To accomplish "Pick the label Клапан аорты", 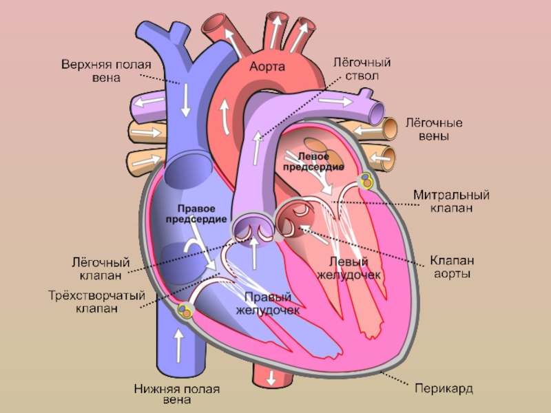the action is pos(451,267).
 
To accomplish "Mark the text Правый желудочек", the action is pos(268,304).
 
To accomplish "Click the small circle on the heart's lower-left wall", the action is pos(184,311).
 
